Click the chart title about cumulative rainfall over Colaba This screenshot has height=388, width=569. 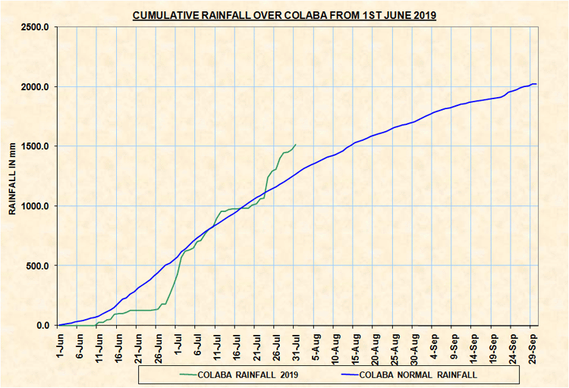tap(284, 14)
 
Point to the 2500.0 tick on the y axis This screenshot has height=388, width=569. tap(36, 27)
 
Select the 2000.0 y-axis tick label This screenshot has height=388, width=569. tap(36, 87)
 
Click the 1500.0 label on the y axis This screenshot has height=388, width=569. tap(36, 146)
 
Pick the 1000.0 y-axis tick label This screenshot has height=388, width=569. tap(36, 206)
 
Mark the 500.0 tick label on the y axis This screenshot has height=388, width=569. tap(39, 266)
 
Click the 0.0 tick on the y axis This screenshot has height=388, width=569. tap(43, 326)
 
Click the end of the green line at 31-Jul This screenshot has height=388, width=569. tap(295, 144)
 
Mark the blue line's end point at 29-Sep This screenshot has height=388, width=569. tap(536, 83)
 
